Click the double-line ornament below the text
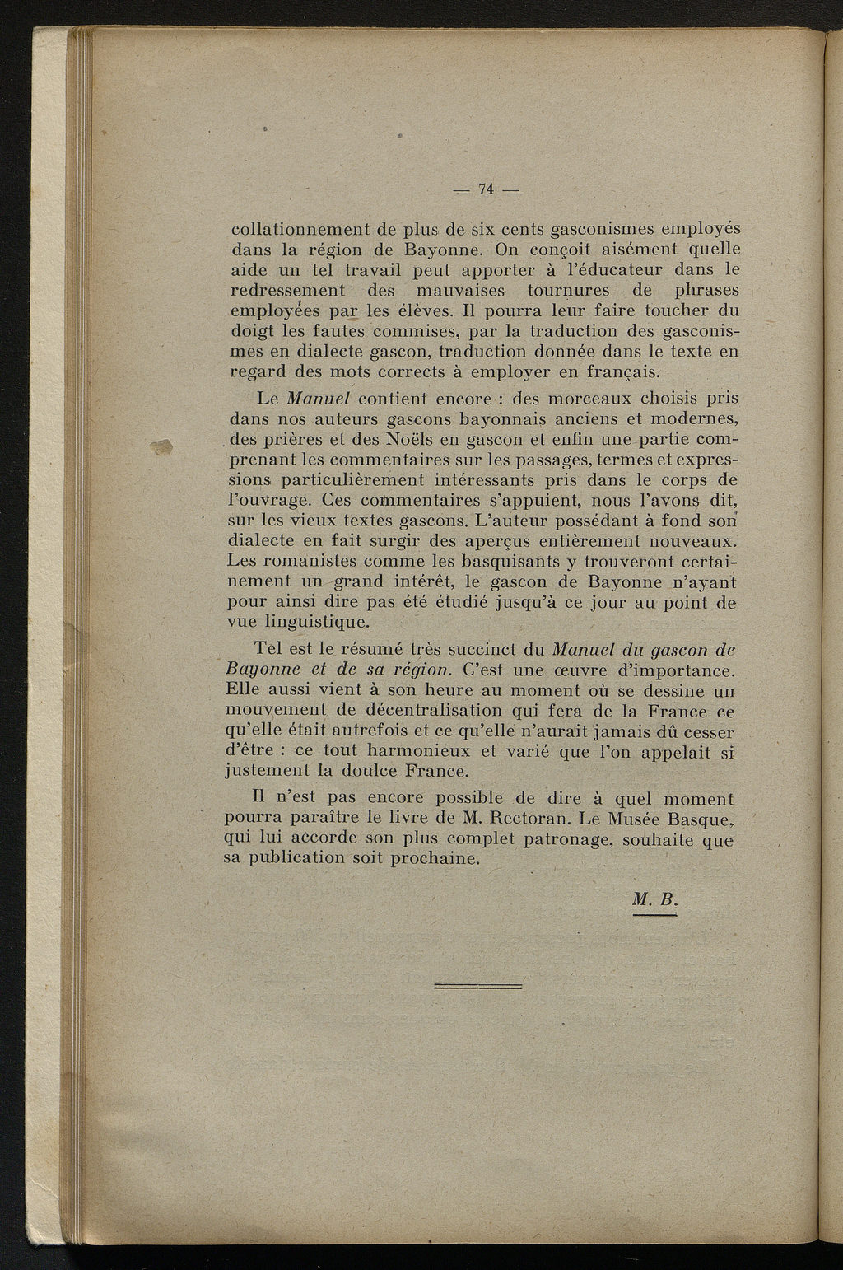pyautogui.click(x=477, y=985)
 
